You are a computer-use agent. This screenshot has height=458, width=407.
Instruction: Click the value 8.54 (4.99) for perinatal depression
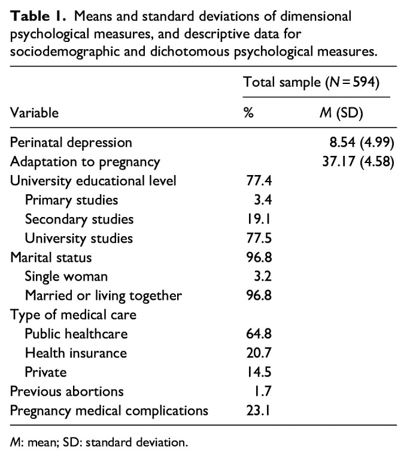click(x=357, y=143)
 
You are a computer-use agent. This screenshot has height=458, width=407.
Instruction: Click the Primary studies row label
click(x=72, y=200)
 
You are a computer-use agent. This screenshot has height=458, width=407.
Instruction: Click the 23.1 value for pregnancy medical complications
click(x=257, y=411)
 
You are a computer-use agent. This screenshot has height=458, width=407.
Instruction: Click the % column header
click(x=250, y=112)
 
